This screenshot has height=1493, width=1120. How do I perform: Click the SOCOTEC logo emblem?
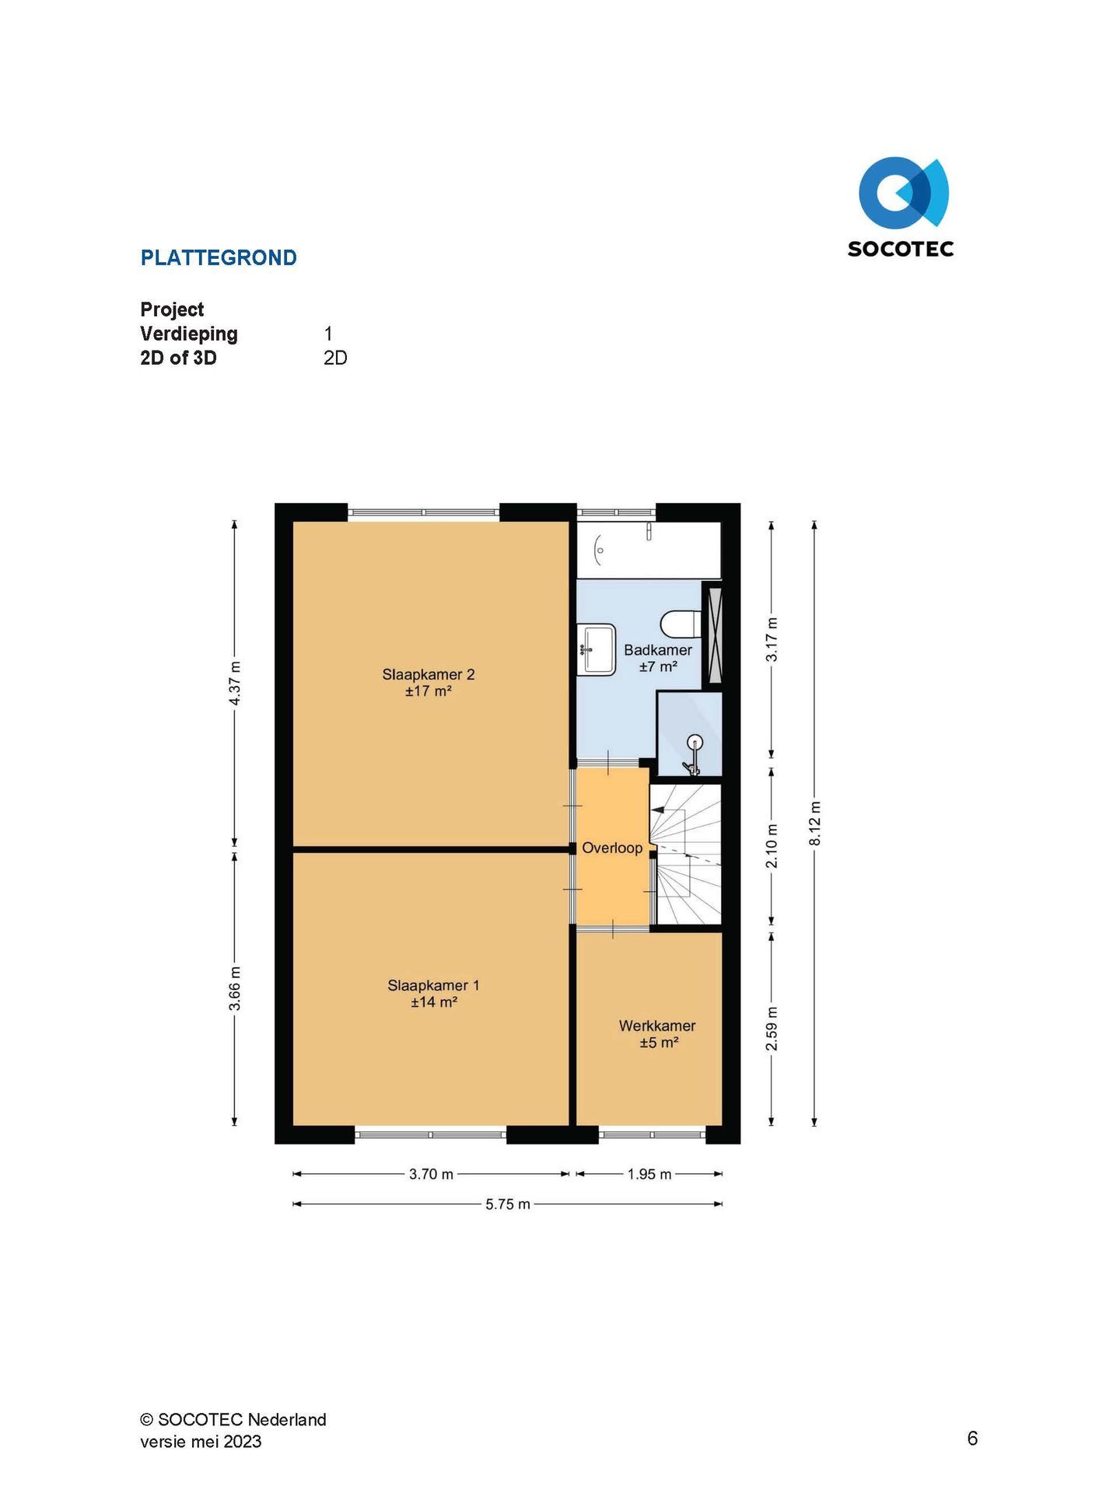tap(903, 193)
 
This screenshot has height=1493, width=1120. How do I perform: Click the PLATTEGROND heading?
tap(219, 258)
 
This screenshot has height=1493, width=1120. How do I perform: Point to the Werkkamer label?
tap(657, 1026)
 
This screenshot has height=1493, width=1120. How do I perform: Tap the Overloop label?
tap(612, 848)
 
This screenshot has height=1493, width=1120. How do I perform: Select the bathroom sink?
tap(597, 649)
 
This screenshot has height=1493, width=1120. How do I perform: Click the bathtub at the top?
tap(649, 550)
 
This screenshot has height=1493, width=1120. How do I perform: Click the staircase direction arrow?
tap(657, 810)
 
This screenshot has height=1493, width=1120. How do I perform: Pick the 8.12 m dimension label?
tap(814, 823)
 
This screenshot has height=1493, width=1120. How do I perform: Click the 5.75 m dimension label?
tap(508, 1204)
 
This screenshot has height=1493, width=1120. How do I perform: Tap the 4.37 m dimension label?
tap(234, 683)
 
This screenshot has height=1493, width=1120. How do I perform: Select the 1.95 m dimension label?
tap(649, 1174)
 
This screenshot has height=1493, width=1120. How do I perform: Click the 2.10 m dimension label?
tap(772, 846)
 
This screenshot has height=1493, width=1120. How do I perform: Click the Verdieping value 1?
tap(328, 334)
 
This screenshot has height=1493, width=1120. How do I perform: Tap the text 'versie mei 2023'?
tap(201, 1441)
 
